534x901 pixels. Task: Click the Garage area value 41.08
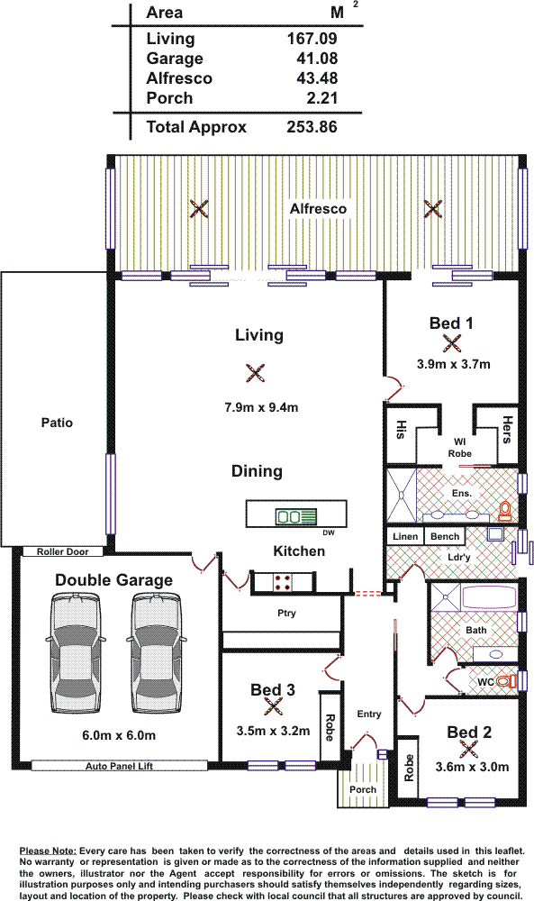(x=317, y=58)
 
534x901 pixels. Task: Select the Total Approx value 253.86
(x=312, y=127)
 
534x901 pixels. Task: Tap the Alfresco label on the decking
(x=318, y=209)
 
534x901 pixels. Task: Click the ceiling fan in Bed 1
(x=452, y=343)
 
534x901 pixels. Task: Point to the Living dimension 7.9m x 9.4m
(x=261, y=407)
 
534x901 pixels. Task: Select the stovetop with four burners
(x=283, y=581)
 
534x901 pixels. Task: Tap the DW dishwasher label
(x=329, y=532)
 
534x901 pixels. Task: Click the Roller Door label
(x=63, y=551)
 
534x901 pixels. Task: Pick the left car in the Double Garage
(x=76, y=652)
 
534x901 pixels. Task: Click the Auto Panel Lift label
(x=119, y=766)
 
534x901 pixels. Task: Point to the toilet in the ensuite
(x=504, y=510)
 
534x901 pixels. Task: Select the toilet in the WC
(x=506, y=681)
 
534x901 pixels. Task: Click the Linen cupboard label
(x=405, y=536)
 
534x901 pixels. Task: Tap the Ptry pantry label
(x=286, y=613)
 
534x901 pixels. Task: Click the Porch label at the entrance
(x=363, y=789)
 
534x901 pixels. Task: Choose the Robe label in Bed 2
(x=409, y=769)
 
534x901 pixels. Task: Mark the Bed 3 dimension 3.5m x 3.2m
(x=274, y=731)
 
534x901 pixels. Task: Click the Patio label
(x=57, y=423)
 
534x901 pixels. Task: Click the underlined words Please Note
(x=48, y=851)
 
